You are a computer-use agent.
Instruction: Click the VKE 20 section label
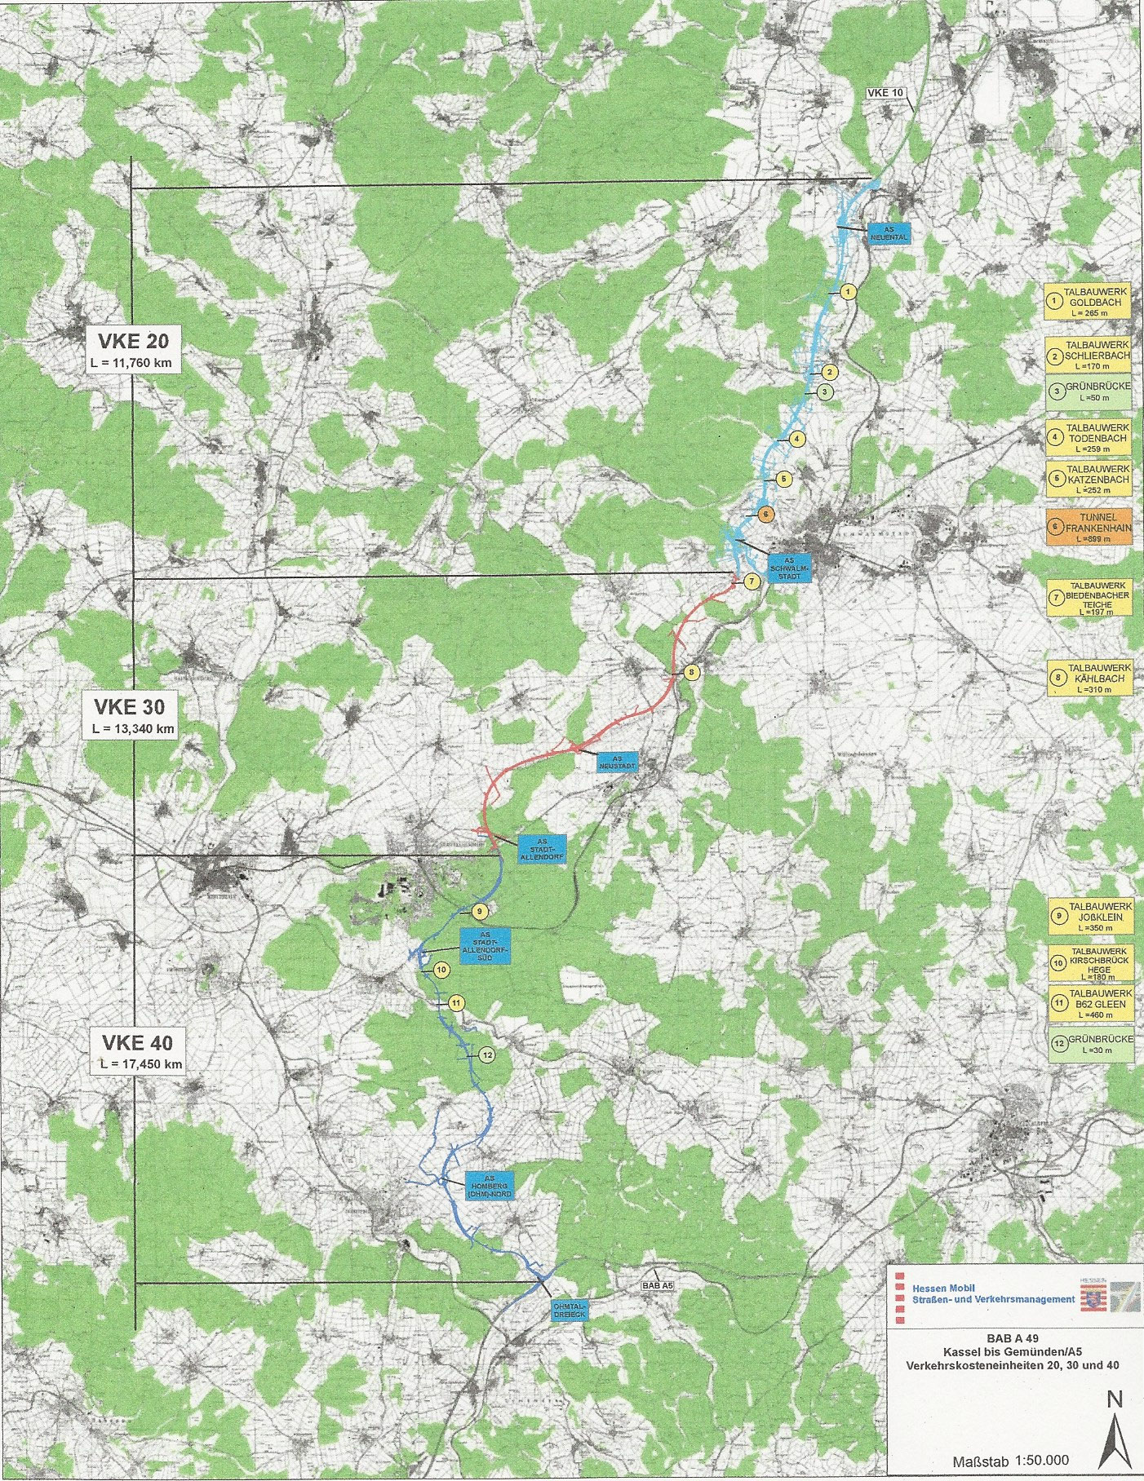tap(133, 350)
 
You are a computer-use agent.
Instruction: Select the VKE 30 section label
tap(135, 714)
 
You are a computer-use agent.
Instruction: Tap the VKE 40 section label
tap(137, 1050)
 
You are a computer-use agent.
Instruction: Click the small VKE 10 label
tap(886, 93)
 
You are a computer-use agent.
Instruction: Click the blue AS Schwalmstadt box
tap(789, 567)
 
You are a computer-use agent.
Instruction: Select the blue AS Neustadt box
tap(617, 762)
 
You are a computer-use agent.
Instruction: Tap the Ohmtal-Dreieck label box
tap(567, 1310)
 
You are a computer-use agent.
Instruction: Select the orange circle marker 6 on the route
tap(765, 514)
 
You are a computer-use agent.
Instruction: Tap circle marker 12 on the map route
tap(487, 1055)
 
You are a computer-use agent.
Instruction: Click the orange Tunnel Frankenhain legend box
tap(1089, 527)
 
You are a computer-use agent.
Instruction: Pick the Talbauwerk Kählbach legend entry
tap(1089, 677)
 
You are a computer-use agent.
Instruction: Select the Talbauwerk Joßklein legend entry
tap(1089, 916)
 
